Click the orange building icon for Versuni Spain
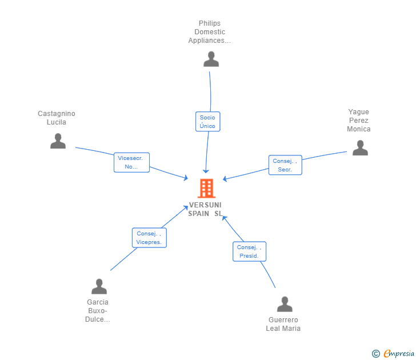[x=206, y=188]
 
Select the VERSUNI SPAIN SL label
[x=205, y=209]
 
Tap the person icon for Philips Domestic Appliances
[x=211, y=59]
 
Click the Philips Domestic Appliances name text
[x=210, y=32]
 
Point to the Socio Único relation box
[x=207, y=121]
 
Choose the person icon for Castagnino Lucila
[x=58, y=141]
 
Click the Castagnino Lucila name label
[x=57, y=118]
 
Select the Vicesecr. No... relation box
[x=131, y=162]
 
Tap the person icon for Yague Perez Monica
[x=360, y=147]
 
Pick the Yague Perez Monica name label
[x=359, y=121]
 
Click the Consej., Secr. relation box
[x=285, y=165]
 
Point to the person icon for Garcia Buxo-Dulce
[x=99, y=286]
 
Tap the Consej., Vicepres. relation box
[x=149, y=238]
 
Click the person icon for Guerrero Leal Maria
[x=284, y=304]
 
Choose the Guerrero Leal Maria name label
[x=283, y=324]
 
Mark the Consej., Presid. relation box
[x=249, y=251]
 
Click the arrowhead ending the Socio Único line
[x=206, y=171]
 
